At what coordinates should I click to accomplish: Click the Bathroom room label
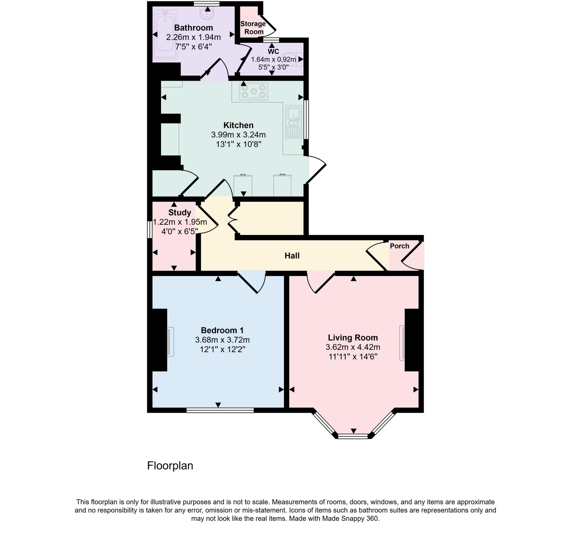193,28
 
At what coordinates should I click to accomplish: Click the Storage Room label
253,28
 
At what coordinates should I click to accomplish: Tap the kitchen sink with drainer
294,122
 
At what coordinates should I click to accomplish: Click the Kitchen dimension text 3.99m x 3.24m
238,135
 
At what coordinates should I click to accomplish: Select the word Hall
292,256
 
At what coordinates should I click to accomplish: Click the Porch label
399,246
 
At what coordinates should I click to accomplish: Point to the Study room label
180,212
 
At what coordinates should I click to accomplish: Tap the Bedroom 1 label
222,330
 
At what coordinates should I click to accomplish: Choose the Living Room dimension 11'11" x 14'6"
353,356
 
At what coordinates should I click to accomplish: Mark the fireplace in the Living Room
402,343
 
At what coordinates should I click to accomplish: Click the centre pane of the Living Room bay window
353,436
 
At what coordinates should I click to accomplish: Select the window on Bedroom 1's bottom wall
220,410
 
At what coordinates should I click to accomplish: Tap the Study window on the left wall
150,229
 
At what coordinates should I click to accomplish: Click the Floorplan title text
170,466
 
